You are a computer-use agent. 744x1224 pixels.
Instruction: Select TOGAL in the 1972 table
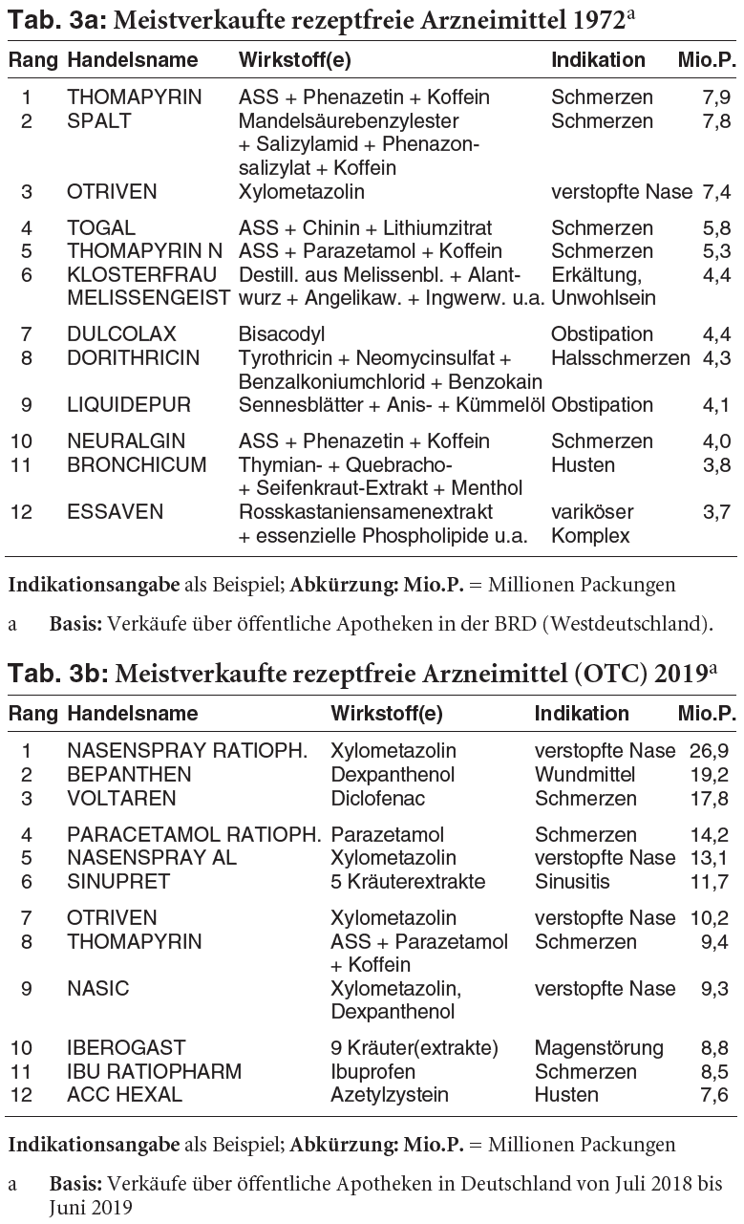tap(101, 228)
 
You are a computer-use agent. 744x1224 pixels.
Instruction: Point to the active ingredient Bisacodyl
tap(282, 334)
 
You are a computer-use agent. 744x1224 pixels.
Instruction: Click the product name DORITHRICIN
tap(133, 358)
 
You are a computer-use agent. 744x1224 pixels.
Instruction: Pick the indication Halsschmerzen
tap(620, 358)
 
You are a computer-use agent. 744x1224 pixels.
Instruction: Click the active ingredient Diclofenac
tap(378, 798)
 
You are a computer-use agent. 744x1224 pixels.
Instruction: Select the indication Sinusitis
tap(573, 881)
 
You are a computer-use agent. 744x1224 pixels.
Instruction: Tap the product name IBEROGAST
tap(126, 1048)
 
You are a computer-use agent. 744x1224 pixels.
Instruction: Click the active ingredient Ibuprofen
tap(373, 1071)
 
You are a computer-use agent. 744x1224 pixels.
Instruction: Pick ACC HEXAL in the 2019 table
tap(124, 1095)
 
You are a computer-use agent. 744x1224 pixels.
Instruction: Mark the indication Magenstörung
tap(599, 1048)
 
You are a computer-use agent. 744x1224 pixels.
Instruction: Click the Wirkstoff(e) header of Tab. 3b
tap(386, 714)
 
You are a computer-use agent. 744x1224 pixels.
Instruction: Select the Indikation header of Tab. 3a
tap(598, 59)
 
